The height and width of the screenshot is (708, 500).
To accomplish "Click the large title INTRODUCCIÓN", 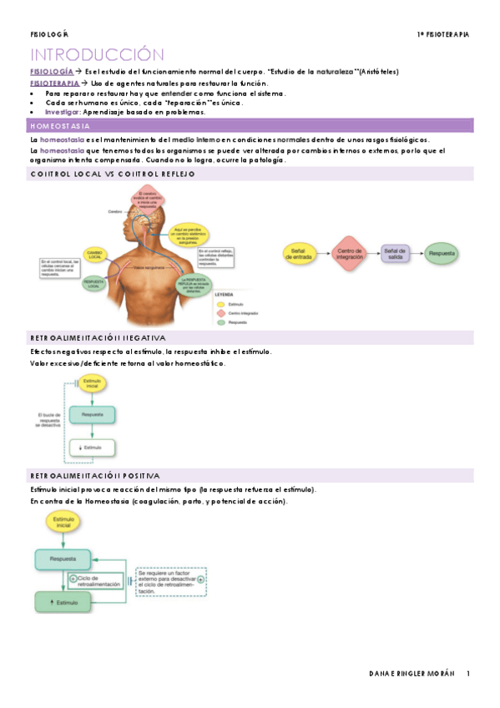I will [98, 55].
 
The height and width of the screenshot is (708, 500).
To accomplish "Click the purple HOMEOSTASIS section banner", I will [250, 125].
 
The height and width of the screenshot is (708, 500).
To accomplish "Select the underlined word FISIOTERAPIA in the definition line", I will [54, 83].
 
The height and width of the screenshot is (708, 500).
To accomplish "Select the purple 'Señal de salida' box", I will [396, 254].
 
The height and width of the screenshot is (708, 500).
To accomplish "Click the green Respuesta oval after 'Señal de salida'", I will [444, 254].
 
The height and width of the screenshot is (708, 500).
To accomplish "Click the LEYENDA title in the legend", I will [225, 295].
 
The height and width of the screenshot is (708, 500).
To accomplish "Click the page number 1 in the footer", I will [468, 674].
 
